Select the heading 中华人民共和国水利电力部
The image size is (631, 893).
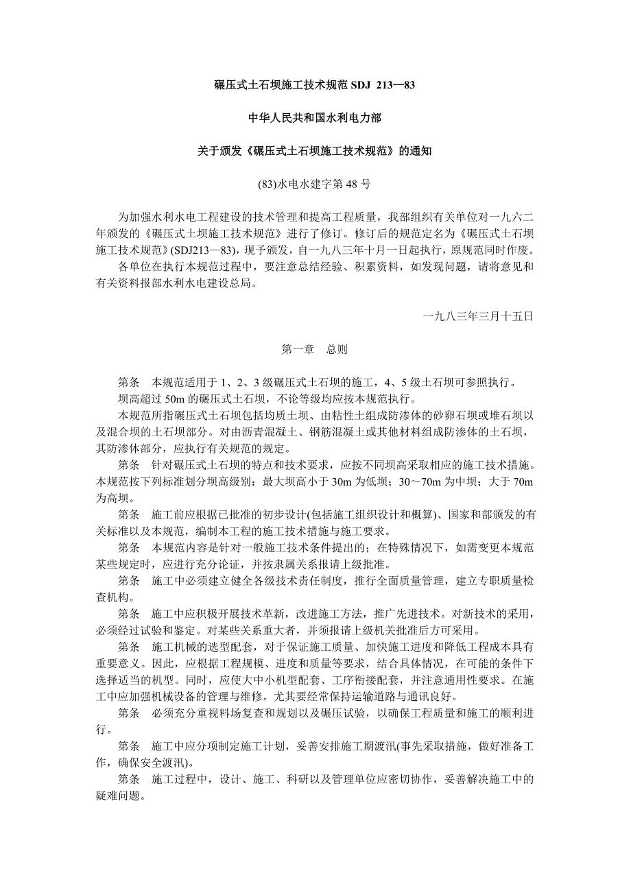[x=315, y=119]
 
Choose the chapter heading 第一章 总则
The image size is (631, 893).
[x=315, y=349]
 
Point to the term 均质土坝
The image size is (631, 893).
[x=291, y=415]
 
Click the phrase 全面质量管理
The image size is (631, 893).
[x=415, y=580]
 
